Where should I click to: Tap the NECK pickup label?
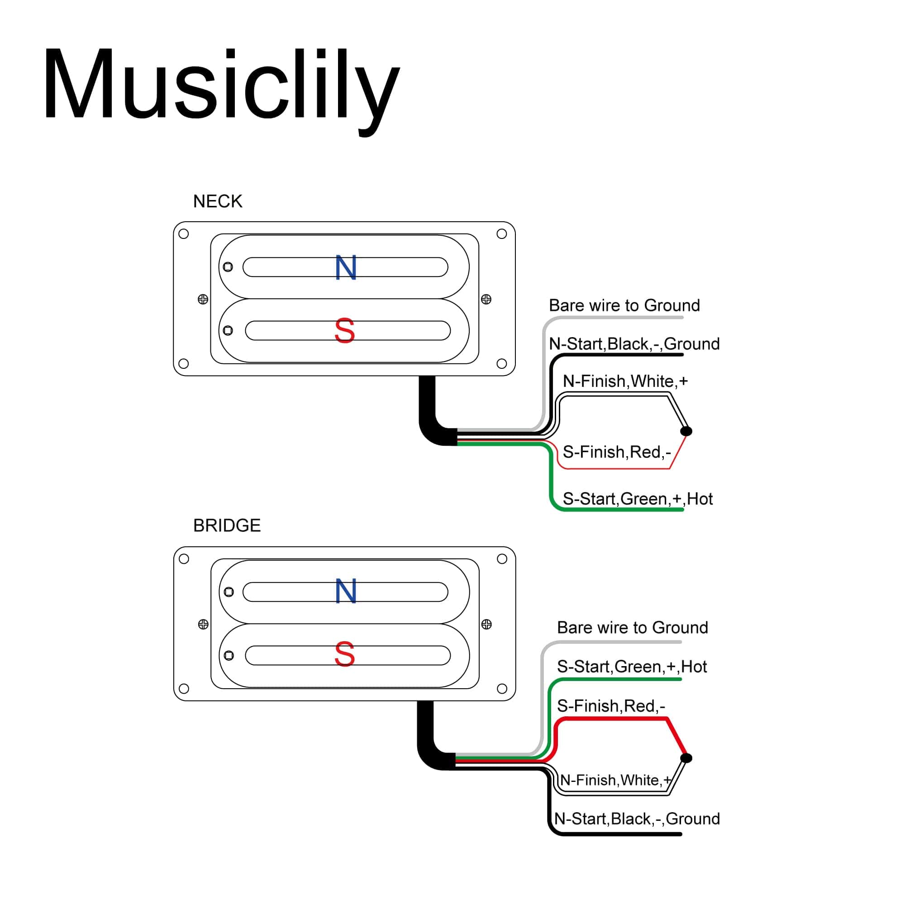coord(217,201)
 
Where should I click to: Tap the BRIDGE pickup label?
coord(227,525)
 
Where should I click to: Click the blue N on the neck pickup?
coord(346,268)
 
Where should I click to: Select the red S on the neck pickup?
coord(345,331)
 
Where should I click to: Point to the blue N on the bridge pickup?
coord(346,591)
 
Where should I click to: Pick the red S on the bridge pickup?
coord(345,654)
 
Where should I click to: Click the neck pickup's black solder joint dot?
coord(686,431)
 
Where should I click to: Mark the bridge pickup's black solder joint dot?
coord(686,758)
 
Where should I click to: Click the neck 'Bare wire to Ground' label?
coord(624,305)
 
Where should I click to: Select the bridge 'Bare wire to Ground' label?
coord(633,628)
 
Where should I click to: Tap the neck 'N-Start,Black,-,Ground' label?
coord(634,344)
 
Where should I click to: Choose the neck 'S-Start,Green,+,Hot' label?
coord(638,499)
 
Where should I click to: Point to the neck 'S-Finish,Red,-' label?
coord(616,452)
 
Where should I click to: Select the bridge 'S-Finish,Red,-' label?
coord(611,706)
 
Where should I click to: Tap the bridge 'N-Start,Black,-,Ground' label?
coord(637,819)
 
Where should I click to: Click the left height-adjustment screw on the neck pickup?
coord(203,299)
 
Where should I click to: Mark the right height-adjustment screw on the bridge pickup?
coord(486,624)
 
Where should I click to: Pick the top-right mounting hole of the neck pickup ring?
coord(501,234)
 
